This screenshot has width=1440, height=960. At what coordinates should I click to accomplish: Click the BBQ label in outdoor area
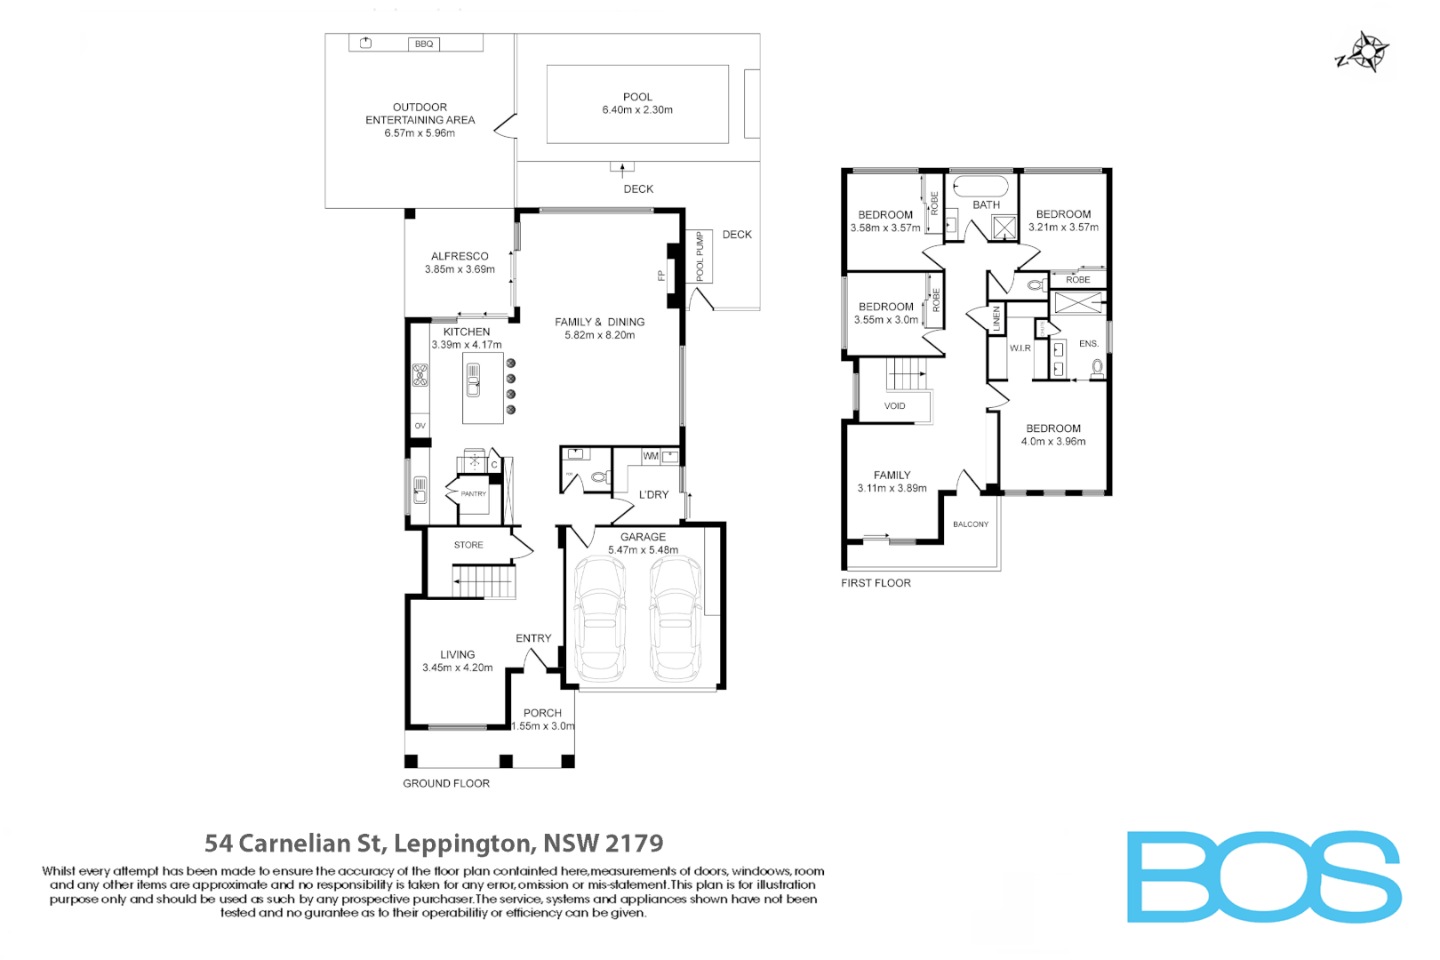click(x=424, y=44)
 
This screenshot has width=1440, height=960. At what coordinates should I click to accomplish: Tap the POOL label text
click(x=637, y=97)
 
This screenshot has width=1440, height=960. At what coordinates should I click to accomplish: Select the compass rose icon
click(x=1367, y=52)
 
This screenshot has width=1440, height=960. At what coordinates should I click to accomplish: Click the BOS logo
click(x=1263, y=876)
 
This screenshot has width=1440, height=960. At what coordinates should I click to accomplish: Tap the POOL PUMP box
click(x=700, y=256)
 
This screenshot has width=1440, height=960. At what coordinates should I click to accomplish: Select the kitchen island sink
click(x=473, y=380)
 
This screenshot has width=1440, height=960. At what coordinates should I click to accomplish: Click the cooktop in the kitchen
click(x=420, y=375)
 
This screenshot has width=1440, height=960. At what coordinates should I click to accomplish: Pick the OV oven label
click(x=420, y=426)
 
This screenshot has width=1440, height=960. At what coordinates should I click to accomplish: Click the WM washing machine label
click(x=651, y=456)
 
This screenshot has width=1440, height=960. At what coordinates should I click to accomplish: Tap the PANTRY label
click(x=473, y=493)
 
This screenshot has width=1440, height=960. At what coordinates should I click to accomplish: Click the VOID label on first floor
click(x=894, y=406)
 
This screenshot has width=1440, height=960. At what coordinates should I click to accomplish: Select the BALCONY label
click(x=970, y=524)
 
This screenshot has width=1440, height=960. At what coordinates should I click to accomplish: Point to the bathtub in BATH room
click(x=980, y=187)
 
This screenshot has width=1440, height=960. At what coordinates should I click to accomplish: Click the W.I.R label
click(x=1020, y=348)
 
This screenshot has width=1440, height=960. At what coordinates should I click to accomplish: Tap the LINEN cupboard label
click(x=996, y=318)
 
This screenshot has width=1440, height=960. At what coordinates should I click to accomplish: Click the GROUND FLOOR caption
click(x=445, y=783)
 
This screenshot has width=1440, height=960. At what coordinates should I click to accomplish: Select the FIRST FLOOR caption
click(x=876, y=583)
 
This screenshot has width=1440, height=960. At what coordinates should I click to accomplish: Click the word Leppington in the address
click(x=462, y=843)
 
